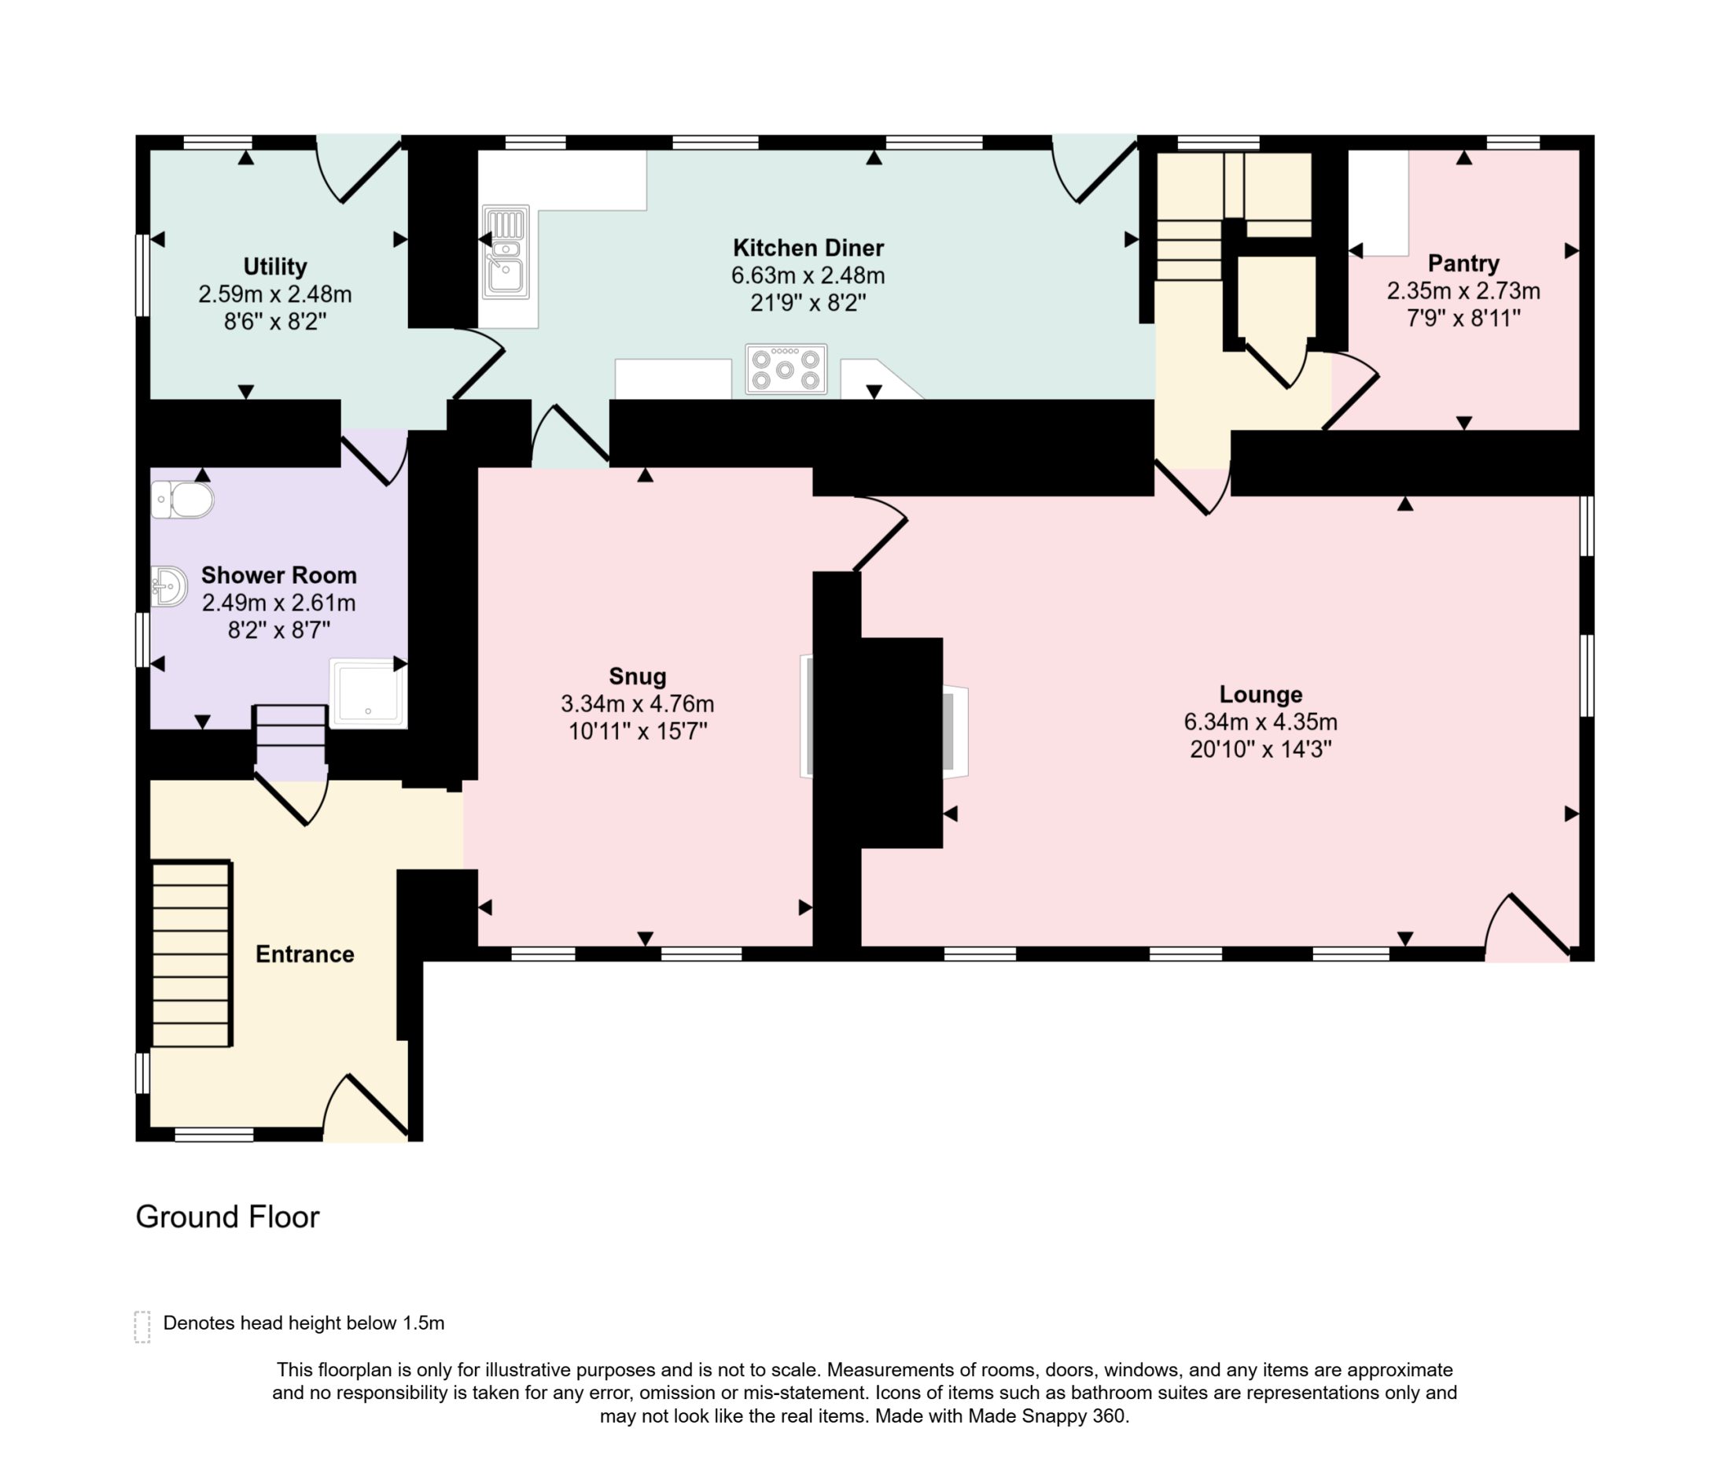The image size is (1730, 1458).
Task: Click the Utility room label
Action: coord(275,266)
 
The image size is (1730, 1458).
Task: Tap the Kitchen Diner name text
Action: coord(808,247)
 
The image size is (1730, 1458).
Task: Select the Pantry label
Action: coord(1463,263)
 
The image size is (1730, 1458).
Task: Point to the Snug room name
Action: coord(637,676)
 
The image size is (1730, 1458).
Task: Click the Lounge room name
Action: coord(1261,694)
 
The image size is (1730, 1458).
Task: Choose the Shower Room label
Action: coord(278,574)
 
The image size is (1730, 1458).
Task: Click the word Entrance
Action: coord(305,954)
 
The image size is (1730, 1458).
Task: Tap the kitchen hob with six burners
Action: coord(786,369)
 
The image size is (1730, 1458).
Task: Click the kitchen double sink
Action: coord(506,252)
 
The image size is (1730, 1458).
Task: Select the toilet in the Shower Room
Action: coord(182,500)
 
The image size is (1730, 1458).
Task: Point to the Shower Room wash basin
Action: coord(169,586)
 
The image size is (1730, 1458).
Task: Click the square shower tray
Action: coord(368,692)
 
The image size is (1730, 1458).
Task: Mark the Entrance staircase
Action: coord(192,954)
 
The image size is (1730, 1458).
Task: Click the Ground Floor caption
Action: coord(227,1216)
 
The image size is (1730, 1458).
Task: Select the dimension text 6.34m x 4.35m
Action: coord(1261,722)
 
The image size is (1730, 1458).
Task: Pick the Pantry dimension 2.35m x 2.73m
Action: coord(1463,291)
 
